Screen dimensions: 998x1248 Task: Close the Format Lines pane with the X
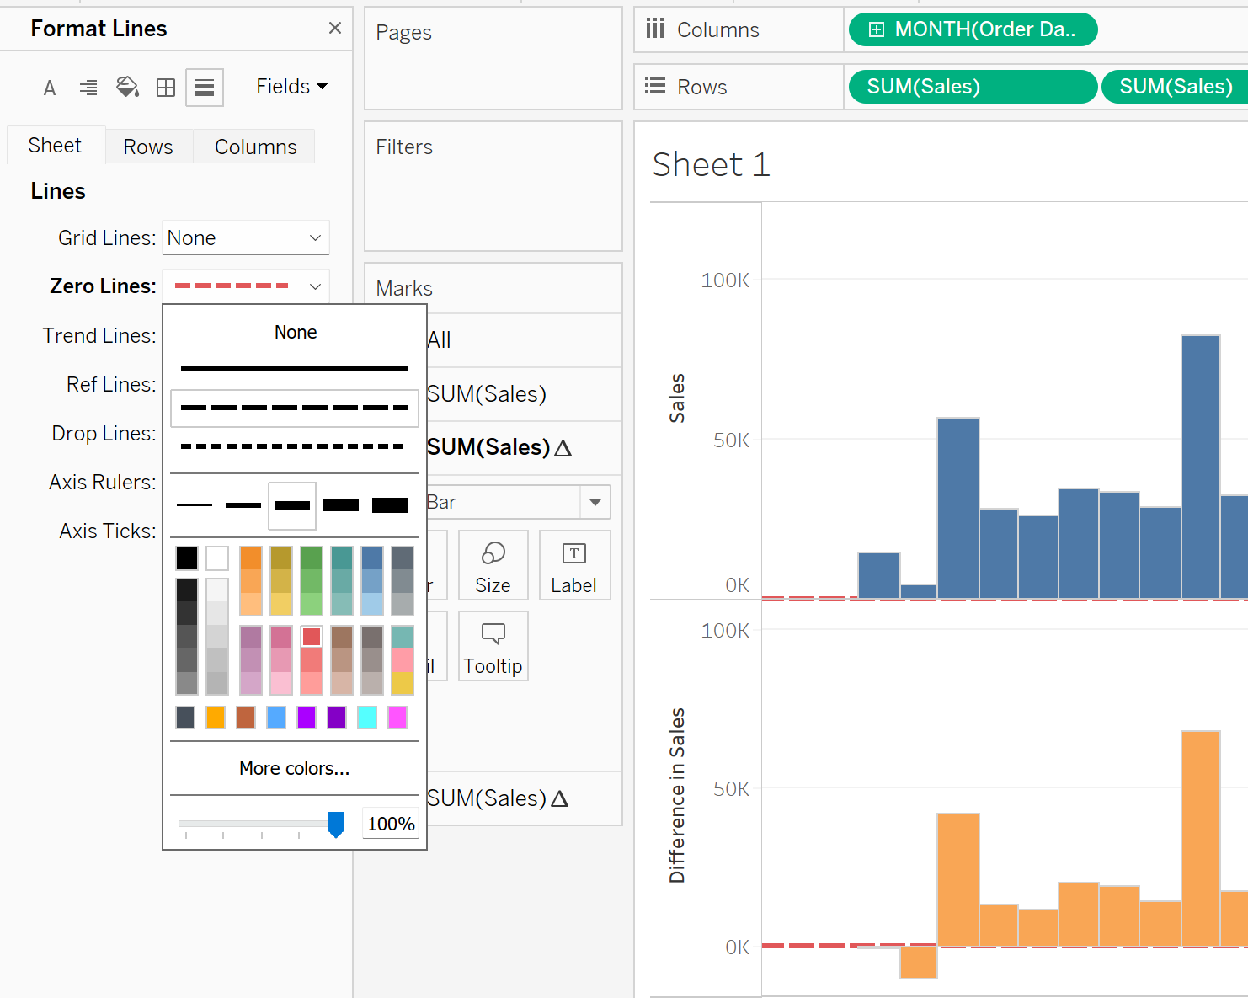[x=335, y=28]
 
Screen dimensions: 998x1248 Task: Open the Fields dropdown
[x=291, y=87]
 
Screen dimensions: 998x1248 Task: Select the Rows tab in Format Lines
[x=148, y=147]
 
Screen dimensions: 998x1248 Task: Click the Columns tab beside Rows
[x=255, y=147]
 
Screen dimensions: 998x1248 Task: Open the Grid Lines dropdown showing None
[x=245, y=238]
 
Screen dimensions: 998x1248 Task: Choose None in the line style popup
[x=296, y=333]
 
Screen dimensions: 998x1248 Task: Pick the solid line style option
[x=294, y=369]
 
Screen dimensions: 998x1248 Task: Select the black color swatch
[x=187, y=558]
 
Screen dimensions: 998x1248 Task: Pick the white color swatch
[x=217, y=558]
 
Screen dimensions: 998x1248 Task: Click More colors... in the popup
[x=294, y=768]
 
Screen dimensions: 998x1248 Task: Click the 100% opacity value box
[x=391, y=824]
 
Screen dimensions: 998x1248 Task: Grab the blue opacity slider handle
[x=336, y=825]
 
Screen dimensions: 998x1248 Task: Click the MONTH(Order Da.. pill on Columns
[x=973, y=29]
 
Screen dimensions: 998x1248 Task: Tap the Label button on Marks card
[x=574, y=565]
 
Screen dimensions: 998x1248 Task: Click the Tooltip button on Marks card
[x=493, y=646]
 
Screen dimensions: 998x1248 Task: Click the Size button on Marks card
[x=493, y=565]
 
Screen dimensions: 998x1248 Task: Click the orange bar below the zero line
[x=918, y=963]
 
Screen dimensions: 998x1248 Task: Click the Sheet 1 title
[x=712, y=165]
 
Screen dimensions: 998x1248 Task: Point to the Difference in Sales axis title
[x=677, y=795]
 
